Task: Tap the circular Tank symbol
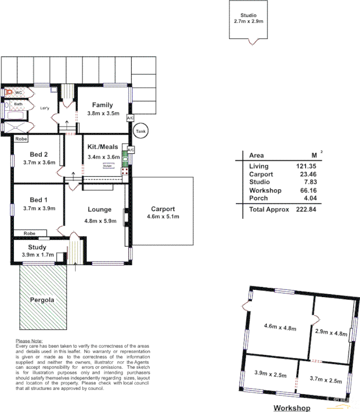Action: pyautogui.click(x=140, y=132)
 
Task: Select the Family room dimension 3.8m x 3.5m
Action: pyautogui.click(x=102, y=113)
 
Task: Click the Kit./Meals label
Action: pyautogui.click(x=103, y=147)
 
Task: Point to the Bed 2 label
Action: pyautogui.click(x=39, y=154)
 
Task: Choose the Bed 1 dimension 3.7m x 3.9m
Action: pyautogui.click(x=39, y=208)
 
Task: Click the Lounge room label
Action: pyautogui.click(x=99, y=210)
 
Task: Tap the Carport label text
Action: pyautogui.click(x=163, y=209)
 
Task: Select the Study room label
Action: pyautogui.click(x=38, y=247)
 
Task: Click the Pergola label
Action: pyautogui.click(x=42, y=300)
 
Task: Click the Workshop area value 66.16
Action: pyautogui.click(x=307, y=191)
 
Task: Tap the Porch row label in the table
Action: pyautogui.click(x=258, y=198)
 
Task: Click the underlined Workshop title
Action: pyautogui.click(x=292, y=408)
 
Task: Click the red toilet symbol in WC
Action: pyautogui.click(x=9, y=93)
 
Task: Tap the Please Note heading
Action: pyautogui.click(x=29, y=341)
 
